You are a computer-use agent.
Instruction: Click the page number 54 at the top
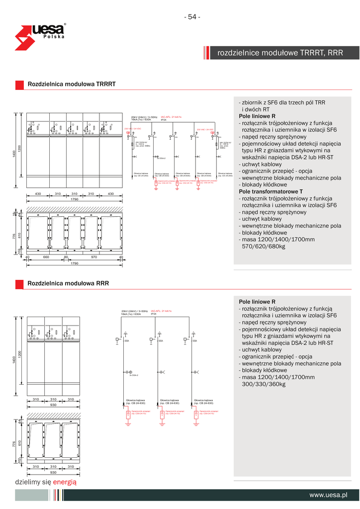click(192, 17)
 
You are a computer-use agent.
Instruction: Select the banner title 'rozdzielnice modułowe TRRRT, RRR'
click(280, 53)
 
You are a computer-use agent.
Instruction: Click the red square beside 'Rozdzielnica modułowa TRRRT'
click(19, 85)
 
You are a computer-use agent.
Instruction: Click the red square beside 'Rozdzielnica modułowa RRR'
click(19, 284)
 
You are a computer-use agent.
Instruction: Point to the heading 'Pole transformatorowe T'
click(270, 191)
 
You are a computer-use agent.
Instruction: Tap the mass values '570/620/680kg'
click(264, 246)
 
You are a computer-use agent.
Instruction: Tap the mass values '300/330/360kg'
click(264, 384)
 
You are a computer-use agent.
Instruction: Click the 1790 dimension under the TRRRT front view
click(74, 199)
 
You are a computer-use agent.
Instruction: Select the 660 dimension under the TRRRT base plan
click(46, 257)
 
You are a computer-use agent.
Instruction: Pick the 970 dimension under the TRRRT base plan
click(93, 257)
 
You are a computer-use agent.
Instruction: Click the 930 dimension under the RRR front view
click(53, 405)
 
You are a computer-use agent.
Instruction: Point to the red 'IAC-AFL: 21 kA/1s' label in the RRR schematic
click(161, 311)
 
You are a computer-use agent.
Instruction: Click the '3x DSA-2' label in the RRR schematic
click(133, 375)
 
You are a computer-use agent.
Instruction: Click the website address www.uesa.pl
click(328, 495)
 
